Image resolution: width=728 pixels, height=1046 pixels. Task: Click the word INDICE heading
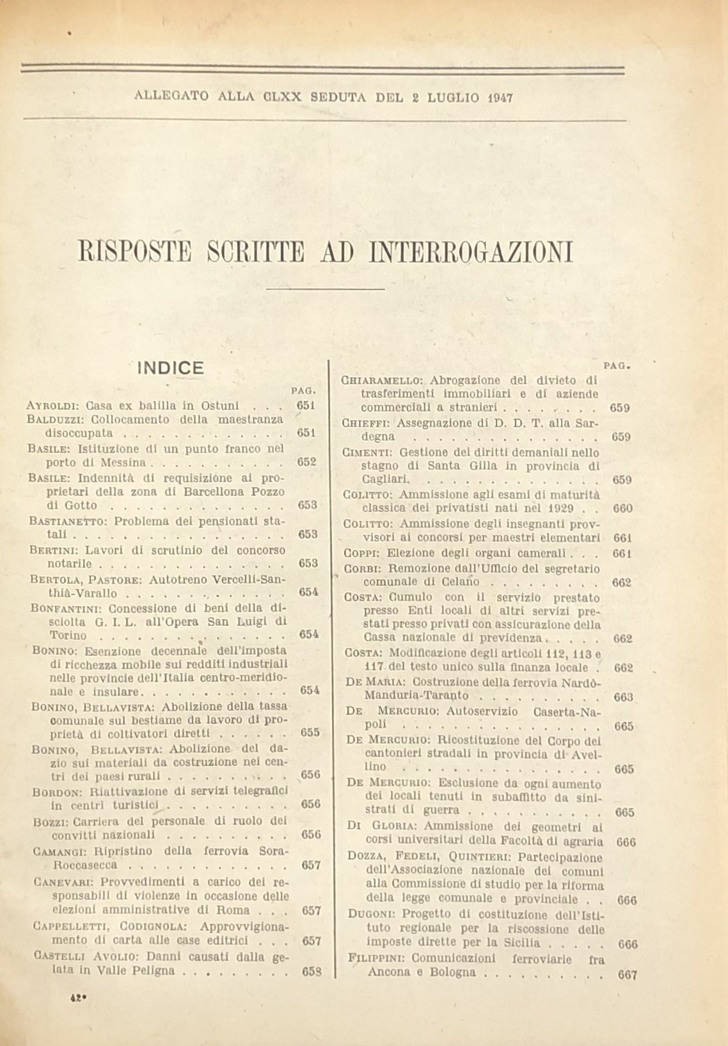[x=170, y=368]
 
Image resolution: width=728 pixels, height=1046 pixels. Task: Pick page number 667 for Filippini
[x=628, y=974]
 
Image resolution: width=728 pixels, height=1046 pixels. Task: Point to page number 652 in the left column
[x=308, y=462]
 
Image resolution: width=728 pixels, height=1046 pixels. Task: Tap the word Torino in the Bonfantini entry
[x=68, y=636]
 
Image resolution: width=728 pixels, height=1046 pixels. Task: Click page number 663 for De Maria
[x=622, y=696]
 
